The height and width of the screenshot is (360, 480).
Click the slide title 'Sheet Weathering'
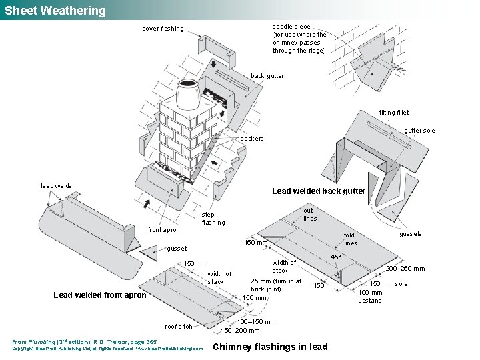point(55,11)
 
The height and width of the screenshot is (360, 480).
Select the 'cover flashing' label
point(163,29)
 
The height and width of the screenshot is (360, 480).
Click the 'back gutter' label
point(267,76)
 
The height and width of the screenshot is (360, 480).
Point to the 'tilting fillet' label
point(394,113)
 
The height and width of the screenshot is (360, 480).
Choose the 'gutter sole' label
point(419,131)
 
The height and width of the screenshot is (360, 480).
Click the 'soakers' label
point(252,139)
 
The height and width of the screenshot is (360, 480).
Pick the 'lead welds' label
point(57,186)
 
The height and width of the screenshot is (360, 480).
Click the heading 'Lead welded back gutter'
point(319,191)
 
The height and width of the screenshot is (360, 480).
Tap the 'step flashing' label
point(213,219)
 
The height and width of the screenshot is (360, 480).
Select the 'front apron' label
point(163,230)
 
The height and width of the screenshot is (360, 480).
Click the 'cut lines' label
point(310,215)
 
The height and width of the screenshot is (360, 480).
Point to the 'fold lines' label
point(349,239)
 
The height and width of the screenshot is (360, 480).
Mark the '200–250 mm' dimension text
point(405,269)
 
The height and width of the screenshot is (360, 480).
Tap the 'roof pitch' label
point(179,327)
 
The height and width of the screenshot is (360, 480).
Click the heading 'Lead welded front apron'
point(99,295)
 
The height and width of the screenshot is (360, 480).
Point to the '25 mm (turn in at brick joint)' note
point(275,285)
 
